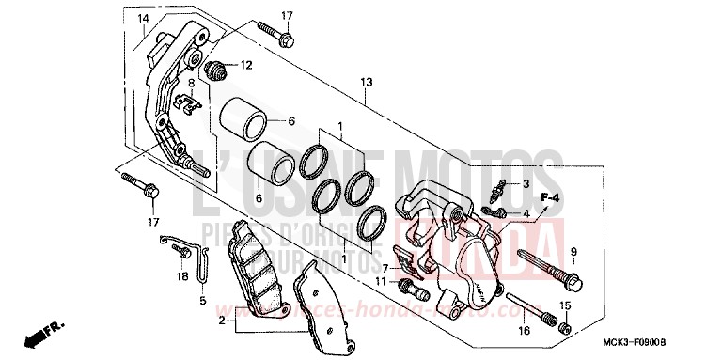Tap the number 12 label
[245, 65]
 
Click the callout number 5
[202, 301]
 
